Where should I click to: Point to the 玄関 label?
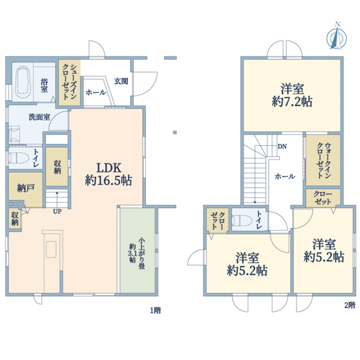(x=120, y=82)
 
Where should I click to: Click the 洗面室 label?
(x=39, y=117)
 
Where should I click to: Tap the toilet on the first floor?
(x=19, y=158)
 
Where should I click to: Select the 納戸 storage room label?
(x=25, y=188)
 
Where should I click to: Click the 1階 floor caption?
(x=155, y=310)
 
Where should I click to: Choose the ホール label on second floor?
(x=284, y=177)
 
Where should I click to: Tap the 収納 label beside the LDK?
(x=57, y=166)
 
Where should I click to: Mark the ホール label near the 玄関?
(x=95, y=93)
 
